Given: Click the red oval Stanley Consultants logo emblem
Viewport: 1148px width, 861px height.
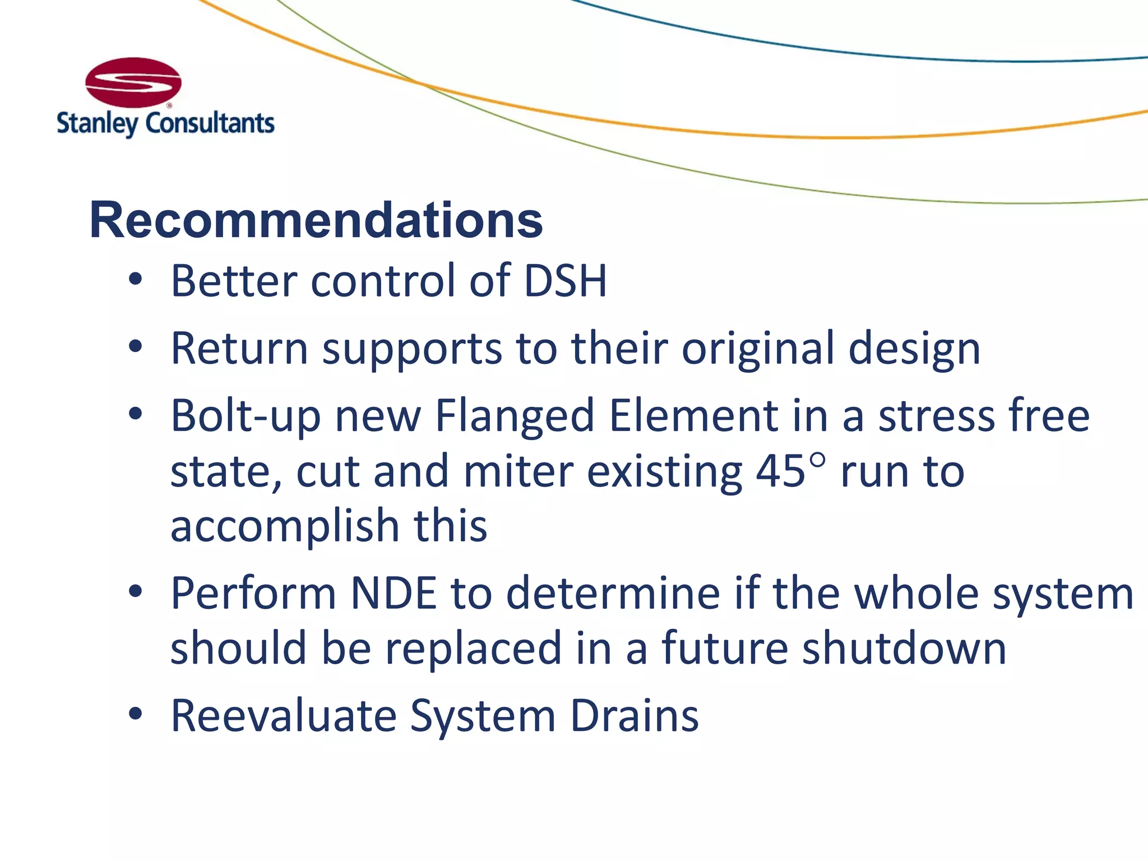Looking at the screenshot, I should click(133, 82).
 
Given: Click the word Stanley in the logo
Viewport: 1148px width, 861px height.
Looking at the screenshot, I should click(96, 123).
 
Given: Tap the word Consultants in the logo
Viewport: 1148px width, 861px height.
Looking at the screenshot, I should click(210, 123).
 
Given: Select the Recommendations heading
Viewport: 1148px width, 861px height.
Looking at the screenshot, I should click(316, 220).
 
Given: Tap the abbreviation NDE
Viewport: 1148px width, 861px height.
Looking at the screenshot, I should click(393, 593).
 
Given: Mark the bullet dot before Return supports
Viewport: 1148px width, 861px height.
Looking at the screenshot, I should click(135, 347).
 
